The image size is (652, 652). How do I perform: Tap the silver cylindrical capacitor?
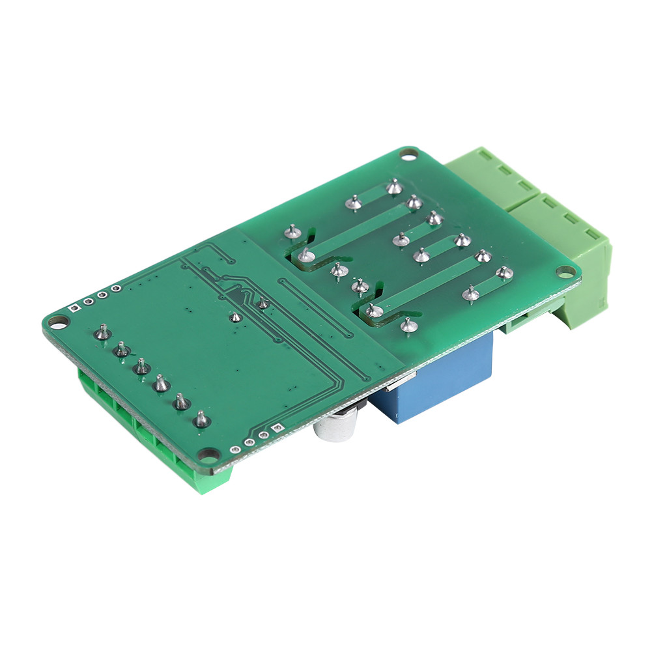336,431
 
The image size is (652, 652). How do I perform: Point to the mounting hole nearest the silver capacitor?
208,454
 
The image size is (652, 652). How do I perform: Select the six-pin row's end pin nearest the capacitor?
202,419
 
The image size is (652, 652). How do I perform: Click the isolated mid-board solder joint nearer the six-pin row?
234,317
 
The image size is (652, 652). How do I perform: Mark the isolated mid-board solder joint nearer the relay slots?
262,304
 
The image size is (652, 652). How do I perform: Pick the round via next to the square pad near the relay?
263,434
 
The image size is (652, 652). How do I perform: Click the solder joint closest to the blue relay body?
408,324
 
